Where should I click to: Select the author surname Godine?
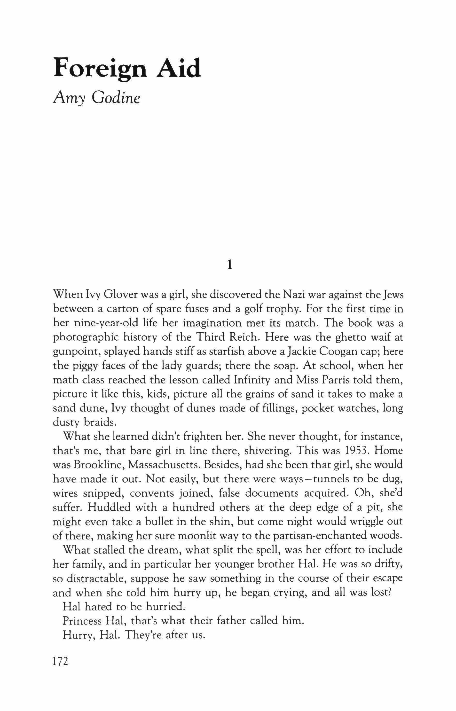click(x=116, y=99)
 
